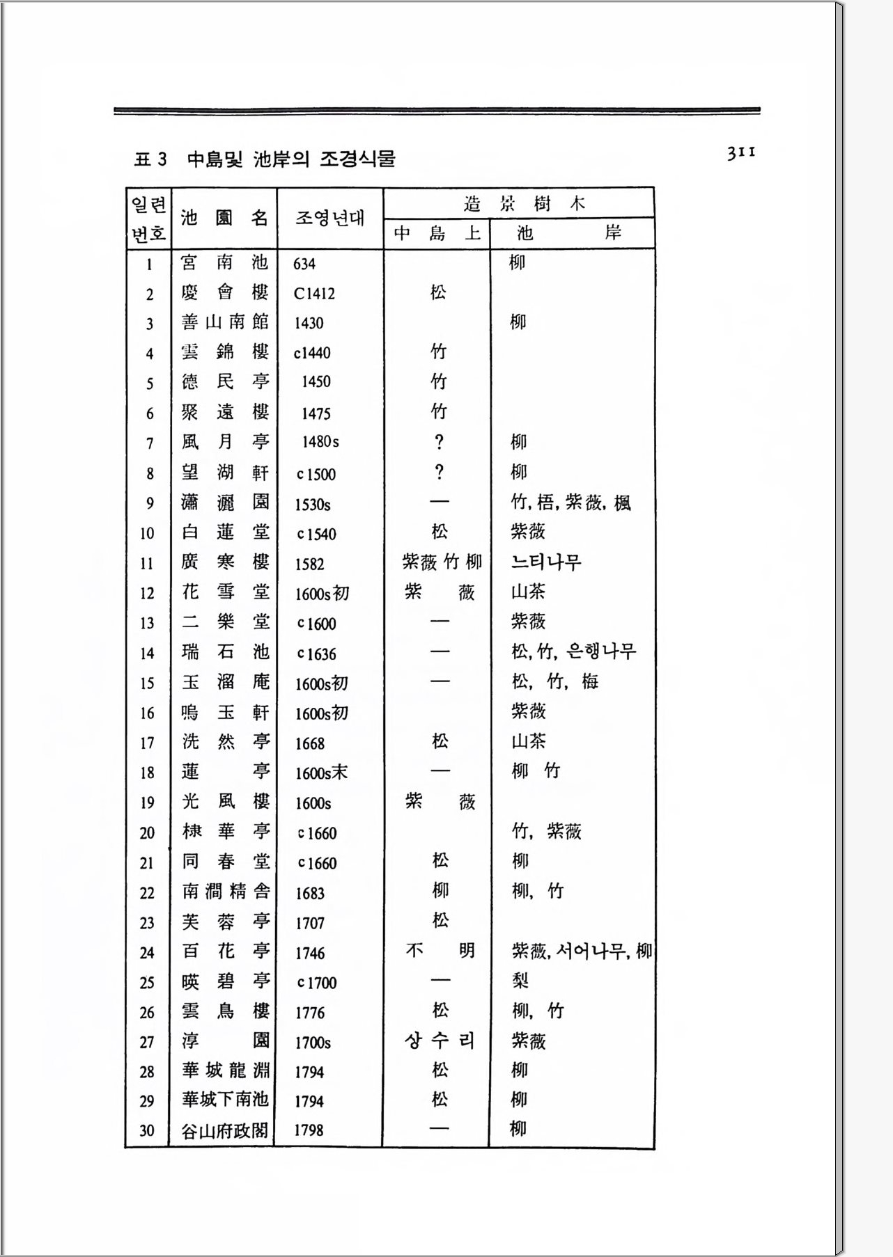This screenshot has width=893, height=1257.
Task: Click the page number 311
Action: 741,152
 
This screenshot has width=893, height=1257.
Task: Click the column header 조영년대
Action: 329,218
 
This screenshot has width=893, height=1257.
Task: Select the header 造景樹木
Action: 524,203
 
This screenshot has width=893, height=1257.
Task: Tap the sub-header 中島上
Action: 437,233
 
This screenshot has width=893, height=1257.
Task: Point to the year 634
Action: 304,264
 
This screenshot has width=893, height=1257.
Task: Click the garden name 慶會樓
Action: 224,293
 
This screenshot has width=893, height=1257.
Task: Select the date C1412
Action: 314,294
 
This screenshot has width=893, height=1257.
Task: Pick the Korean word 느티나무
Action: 546,562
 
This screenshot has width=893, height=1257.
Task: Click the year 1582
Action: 309,564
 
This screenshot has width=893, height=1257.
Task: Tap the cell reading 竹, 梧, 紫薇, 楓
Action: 571,503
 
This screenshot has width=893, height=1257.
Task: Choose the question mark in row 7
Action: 439,442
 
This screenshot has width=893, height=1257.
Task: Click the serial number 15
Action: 147,683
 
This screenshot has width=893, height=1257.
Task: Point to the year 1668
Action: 310,743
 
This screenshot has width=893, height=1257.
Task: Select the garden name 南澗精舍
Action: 226,892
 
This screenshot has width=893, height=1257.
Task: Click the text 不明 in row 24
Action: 440,951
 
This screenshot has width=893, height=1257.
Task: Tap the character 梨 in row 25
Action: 520,981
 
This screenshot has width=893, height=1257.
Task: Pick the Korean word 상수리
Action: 440,1041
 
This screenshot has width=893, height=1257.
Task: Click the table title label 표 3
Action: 150,159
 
